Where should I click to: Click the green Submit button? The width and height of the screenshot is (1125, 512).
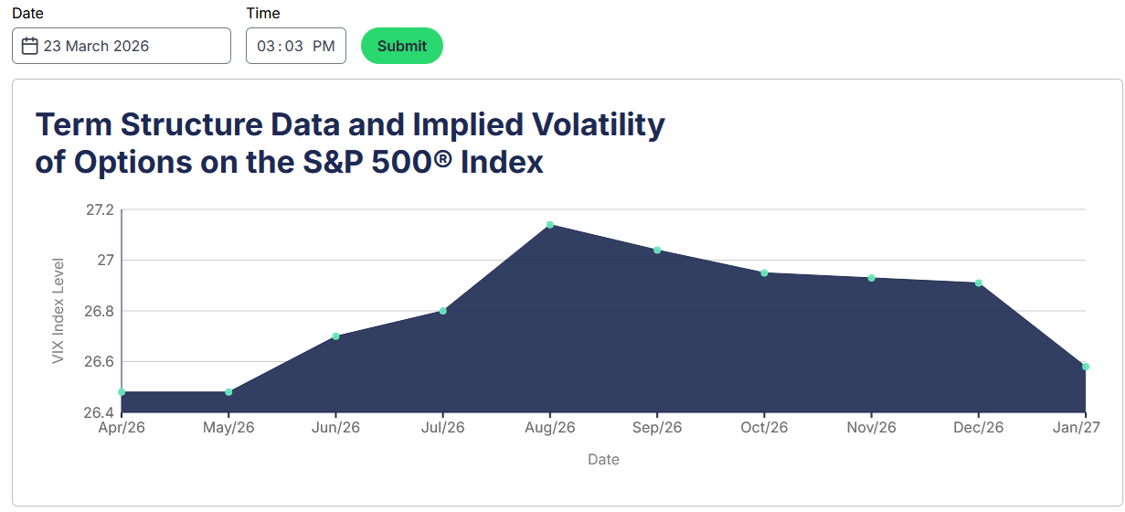click(402, 46)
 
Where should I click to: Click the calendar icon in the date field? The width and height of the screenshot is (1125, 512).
click(29, 46)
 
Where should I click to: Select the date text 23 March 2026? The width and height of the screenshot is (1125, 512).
click(96, 46)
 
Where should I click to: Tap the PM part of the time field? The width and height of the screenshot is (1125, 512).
click(324, 46)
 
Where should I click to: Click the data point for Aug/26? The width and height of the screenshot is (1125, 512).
click(550, 225)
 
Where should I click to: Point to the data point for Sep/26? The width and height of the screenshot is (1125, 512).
click(657, 251)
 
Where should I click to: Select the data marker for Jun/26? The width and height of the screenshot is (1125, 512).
click(336, 336)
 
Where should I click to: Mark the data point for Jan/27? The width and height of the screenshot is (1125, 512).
click(1086, 367)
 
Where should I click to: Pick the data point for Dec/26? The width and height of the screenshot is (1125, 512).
click(979, 283)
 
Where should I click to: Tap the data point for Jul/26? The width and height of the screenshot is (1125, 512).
click(443, 311)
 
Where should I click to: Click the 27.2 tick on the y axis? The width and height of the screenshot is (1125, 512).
click(100, 210)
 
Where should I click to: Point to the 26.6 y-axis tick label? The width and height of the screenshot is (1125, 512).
click(100, 362)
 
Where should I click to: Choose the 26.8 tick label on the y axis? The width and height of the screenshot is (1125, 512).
click(100, 312)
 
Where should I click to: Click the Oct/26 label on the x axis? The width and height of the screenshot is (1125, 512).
click(764, 428)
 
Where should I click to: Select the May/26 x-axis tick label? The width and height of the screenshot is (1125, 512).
click(229, 428)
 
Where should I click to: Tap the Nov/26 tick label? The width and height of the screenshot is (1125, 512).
click(872, 428)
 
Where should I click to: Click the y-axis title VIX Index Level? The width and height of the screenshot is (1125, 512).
click(58, 311)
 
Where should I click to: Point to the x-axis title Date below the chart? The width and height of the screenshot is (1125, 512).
click(603, 460)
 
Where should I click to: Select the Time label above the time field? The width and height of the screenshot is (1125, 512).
click(263, 14)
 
